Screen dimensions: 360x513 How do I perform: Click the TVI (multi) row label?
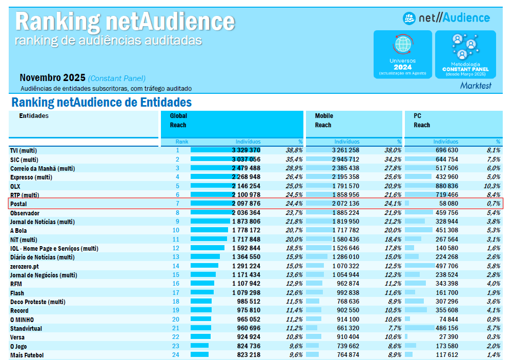click(24, 150)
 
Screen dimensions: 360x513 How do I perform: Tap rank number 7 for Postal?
click(178, 204)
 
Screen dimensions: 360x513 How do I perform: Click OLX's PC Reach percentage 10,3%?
click(491, 186)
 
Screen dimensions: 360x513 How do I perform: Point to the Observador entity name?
click(25, 213)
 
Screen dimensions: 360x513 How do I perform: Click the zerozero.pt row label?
click(24, 266)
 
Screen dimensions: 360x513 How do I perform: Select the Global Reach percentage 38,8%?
click(294, 150)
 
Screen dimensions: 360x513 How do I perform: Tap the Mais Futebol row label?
click(27, 355)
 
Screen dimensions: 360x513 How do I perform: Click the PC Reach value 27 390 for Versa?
click(446, 337)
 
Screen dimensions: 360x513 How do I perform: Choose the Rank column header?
click(181, 142)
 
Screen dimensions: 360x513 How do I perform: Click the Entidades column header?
click(34, 116)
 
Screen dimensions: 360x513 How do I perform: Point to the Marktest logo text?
click(475, 86)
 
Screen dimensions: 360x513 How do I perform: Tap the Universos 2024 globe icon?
click(402, 45)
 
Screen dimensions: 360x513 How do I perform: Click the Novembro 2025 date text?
click(52, 78)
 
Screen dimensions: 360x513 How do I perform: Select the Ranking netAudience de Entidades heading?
click(101, 103)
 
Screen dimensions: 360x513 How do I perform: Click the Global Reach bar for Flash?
click(202, 293)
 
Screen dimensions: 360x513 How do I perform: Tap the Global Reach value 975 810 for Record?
click(246, 311)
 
